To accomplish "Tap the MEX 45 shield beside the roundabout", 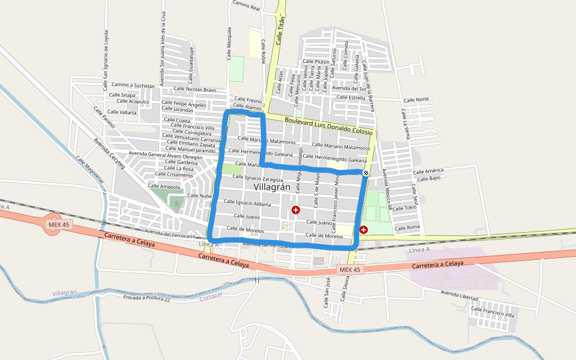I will pos(53,224).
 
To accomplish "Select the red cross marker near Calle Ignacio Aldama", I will pos(296,209).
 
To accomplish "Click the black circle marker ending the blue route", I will pos(366,173).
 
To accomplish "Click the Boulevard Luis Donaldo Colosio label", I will pos(329,125).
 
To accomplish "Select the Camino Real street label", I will pos(247,7).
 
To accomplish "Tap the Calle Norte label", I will pos(416,100).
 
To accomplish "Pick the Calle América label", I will pos(428,171).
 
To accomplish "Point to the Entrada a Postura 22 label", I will pos(146,298).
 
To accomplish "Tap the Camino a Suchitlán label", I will pos(133,85).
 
